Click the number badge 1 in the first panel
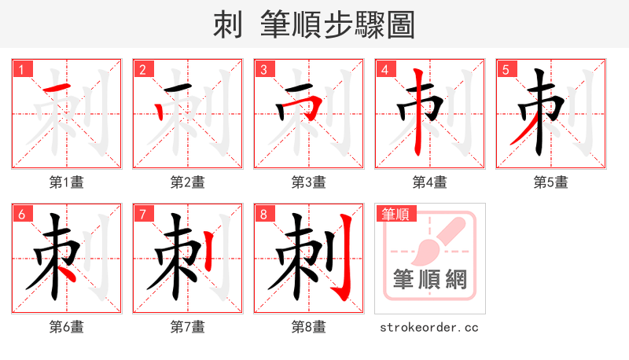pos(22,69)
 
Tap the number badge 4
pos(385,69)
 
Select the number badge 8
pos(264,214)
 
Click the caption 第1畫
pos(67,182)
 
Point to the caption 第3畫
pos(309,182)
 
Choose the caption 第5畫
pos(551,182)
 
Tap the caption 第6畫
pos(67,327)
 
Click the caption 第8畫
pos(309,327)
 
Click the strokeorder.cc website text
pos(429,327)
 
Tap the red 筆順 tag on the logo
pos(397,214)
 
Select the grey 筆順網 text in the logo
pos(430,279)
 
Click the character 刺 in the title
pos(227,25)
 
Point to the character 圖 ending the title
pos(401,25)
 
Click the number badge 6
pos(22,214)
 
